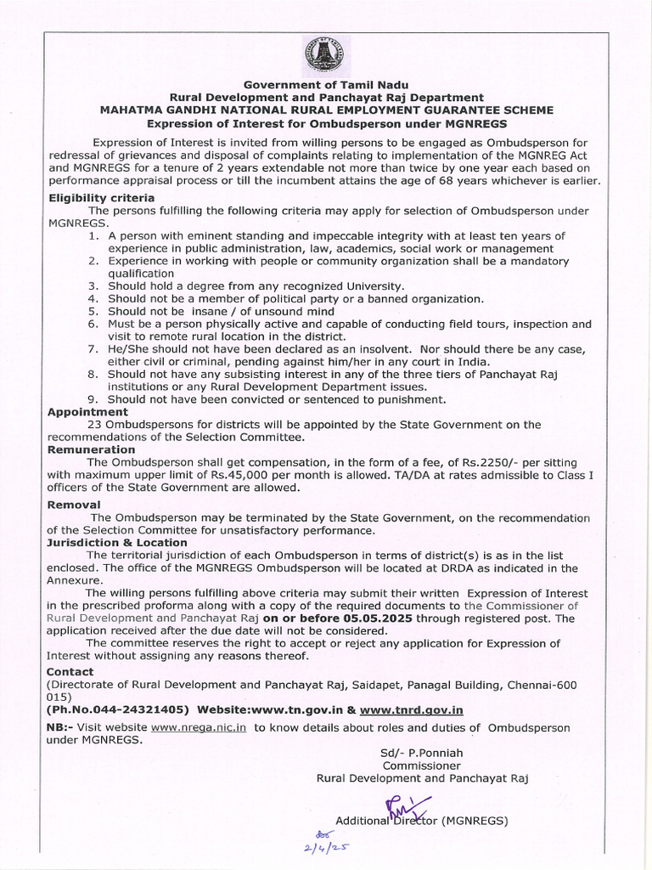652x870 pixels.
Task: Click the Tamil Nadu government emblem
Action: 325,56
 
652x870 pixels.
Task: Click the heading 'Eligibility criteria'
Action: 101,197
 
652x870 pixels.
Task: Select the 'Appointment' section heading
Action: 87,411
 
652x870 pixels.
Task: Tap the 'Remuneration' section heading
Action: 91,449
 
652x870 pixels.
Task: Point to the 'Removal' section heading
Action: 74,505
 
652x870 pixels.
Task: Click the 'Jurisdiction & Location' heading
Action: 117,542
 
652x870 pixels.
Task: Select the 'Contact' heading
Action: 70,671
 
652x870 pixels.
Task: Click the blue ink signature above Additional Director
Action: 406,807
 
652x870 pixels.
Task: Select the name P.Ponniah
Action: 436,752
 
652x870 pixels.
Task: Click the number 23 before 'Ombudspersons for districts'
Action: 94,424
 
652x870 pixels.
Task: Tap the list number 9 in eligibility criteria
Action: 93,399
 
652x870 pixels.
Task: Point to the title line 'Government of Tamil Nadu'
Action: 326,85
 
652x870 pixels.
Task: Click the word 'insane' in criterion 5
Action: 199,312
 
